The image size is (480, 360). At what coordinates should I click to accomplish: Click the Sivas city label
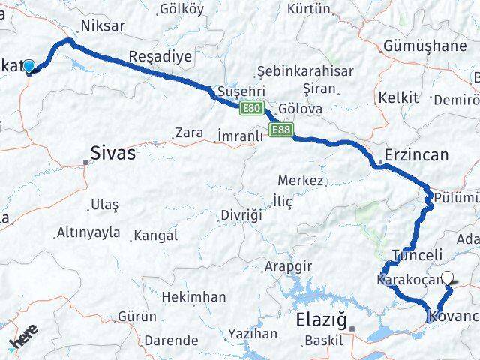[112, 154]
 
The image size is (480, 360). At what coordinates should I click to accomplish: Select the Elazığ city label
[321, 318]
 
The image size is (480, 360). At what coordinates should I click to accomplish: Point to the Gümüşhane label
[424, 46]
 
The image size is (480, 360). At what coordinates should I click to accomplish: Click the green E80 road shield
[252, 109]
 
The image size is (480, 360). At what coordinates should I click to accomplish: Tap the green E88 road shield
[281, 130]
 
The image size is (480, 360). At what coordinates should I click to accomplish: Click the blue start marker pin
[28, 67]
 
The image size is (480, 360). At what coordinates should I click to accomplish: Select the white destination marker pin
[448, 278]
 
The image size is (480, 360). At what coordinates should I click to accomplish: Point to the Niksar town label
[104, 25]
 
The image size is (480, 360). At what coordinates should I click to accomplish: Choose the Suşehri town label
[237, 91]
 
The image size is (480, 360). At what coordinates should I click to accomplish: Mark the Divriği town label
[241, 215]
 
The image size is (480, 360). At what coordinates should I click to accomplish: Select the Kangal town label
[156, 235]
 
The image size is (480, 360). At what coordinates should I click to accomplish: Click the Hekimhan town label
[193, 297]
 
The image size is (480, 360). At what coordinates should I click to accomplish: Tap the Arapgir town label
[289, 267]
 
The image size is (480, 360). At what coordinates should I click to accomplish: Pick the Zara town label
[188, 133]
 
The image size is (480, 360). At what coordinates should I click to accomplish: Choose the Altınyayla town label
[88, 232]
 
